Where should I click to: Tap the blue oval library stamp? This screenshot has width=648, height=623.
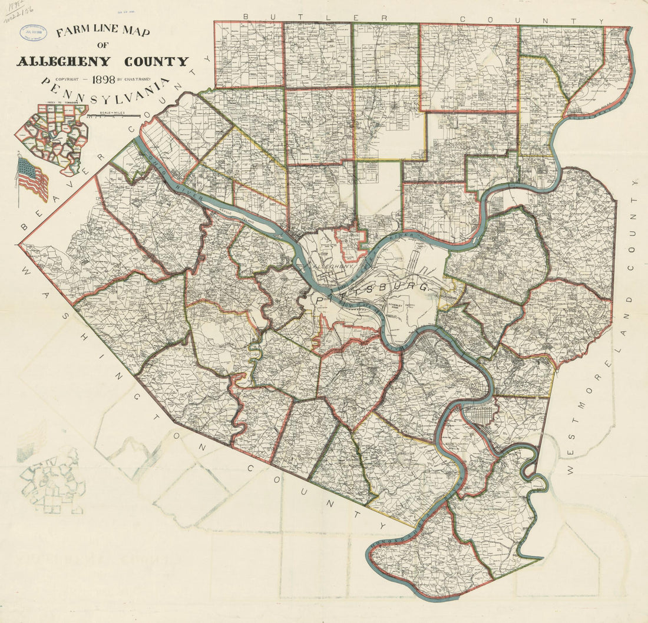(x=34, y=32)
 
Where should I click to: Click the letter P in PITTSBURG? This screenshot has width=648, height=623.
(x=320, y=301)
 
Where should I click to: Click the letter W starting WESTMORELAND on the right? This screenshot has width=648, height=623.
(x=570, y=471)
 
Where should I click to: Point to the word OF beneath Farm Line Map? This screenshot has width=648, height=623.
(x=103, y=46)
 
